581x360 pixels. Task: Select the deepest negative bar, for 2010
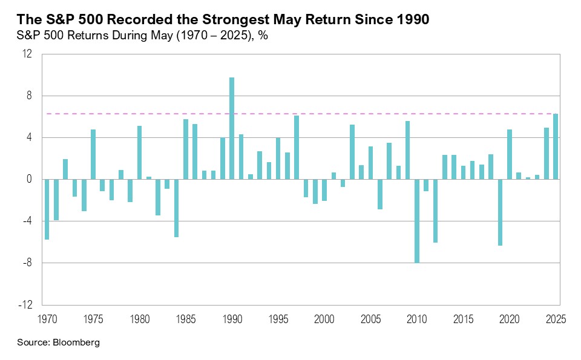point(416,221)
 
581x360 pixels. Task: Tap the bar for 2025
point(555,146)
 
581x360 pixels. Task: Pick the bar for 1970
point(47,209)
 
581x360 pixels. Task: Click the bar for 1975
point(93,154)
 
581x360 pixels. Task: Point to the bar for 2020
point(509,154)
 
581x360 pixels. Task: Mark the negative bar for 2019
point(500,212)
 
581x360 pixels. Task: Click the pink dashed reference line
point(339,114)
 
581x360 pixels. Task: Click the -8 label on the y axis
point(27,263)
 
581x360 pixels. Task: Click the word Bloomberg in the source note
point(76,342)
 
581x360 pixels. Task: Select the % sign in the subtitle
point(264,35)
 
